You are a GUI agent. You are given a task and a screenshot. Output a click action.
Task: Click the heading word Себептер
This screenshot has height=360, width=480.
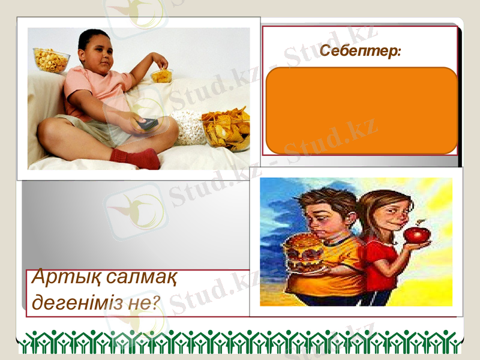[359, 52]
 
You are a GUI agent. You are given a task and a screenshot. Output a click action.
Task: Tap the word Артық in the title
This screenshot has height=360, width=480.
[58, 278]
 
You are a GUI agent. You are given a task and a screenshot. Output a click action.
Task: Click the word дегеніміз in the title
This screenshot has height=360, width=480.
[78, 302]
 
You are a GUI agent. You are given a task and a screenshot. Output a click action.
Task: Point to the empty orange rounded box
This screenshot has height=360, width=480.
[361, 111]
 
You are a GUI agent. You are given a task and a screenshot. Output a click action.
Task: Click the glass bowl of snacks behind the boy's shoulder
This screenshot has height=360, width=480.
[51, 60]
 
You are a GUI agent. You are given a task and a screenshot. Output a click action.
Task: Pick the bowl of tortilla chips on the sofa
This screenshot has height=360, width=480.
[226, 127]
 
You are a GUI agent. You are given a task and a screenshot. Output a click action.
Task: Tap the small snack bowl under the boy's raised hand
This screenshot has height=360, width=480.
[161, 76]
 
